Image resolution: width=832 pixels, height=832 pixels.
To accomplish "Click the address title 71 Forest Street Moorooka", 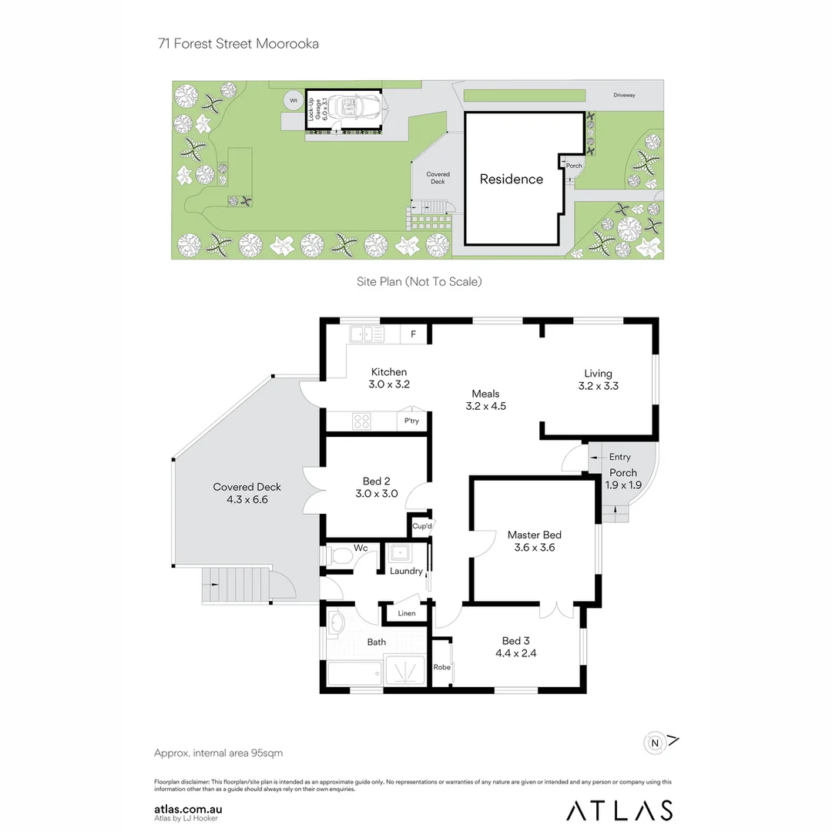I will click(238, 44).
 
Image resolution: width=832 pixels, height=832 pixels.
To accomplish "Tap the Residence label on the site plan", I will click(512, 179).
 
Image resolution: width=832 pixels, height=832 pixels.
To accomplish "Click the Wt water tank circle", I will click(293, 100).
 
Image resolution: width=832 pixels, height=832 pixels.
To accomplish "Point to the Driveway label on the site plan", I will click(624, 96).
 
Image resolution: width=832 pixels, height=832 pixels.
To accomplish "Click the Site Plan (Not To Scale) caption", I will click(419, 282).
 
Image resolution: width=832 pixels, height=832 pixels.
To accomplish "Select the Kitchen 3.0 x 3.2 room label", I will click(388, 378).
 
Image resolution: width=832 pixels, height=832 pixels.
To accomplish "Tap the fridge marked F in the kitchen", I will click(414, 334).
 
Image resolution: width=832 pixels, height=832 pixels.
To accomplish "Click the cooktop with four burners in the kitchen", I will click(362, 421).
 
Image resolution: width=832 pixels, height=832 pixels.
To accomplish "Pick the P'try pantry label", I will click(411, 421).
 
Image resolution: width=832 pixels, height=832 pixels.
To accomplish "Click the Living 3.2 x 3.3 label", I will click(598, 380).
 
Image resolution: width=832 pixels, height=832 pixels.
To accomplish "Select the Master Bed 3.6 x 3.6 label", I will click(534, 542).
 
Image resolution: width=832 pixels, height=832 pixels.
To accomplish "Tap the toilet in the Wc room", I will click(339, 556).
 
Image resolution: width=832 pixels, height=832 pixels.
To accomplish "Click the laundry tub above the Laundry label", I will click(401, 552).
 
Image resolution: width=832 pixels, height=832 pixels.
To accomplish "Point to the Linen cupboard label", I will click(406, 613).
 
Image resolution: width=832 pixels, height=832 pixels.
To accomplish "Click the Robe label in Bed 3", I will click(441, 667).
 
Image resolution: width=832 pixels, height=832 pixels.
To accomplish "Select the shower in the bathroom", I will click(405, 671).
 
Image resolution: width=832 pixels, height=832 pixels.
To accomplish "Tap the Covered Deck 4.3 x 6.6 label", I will click(247, 493).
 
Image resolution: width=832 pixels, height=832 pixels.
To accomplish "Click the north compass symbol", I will click(656, 743).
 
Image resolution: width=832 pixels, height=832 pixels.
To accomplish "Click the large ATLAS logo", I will click(619, 810).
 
